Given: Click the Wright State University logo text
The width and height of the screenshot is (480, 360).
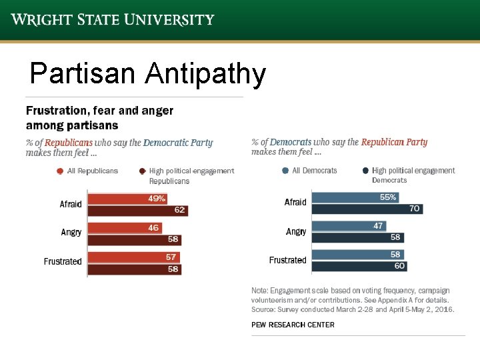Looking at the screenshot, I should pos(113,19).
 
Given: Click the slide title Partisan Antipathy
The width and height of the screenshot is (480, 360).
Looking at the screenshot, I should pos(148,74).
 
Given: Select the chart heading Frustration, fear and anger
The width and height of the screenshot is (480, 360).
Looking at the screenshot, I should pos(99,111).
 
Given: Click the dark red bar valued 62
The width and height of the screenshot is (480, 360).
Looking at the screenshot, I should pos(137,211).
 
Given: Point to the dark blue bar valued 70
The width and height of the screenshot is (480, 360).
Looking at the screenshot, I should pos(367,209).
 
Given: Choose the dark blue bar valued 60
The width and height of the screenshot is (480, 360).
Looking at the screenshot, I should pos(359,266).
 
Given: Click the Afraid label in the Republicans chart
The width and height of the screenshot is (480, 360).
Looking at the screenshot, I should pos(71,204).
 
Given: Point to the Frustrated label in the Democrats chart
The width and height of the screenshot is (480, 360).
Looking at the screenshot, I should pos(287,260).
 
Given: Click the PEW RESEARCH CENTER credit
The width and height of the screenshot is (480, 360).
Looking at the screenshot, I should pos(293,325).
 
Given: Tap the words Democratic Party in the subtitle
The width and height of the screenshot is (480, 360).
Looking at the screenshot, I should pos(178,143).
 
